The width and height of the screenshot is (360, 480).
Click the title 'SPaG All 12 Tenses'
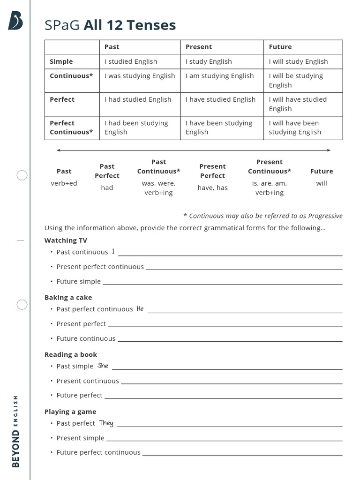click(110, 25)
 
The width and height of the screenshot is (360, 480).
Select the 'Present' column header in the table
click(199, 47)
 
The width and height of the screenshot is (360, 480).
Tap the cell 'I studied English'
click(131, 61)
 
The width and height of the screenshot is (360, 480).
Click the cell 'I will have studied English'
click(298, 104)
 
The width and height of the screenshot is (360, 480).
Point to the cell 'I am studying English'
click(219, 76)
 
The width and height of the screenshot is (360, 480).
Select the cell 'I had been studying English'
click(136, 127)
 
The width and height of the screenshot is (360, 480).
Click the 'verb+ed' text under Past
click(64, 183)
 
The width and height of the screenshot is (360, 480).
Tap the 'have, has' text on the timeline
click(212, 187)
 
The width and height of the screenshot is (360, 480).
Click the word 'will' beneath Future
click(322, 183)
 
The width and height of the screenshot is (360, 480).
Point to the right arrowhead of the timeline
click(329, 150)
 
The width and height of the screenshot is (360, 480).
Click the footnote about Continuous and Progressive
click(262, 216)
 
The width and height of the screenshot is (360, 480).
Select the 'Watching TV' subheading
click(66, 240)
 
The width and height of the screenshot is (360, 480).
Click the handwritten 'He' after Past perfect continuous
click(140, 309)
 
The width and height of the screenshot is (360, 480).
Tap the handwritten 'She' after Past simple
click(103, 366)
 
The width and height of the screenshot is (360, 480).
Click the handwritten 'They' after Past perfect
click(106, 423)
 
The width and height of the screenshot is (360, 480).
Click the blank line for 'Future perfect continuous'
click(242, 454)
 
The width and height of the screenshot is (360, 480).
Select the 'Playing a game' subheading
click(70, 412)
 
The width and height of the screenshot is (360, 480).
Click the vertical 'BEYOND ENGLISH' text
click(16, 431)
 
